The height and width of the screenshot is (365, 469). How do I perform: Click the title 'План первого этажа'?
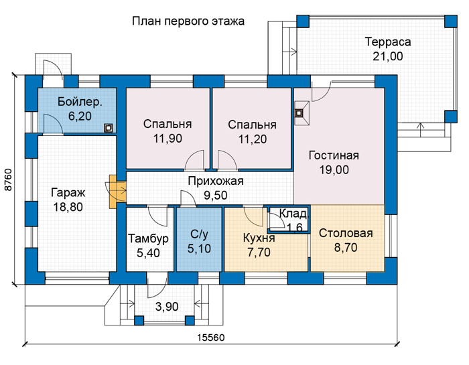tap(188, 21)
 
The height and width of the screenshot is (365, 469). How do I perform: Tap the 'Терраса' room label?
tap(388, 42)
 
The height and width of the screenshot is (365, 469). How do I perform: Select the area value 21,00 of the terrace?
tap(388, 56)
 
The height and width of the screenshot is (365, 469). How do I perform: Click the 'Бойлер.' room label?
tap(80, 102)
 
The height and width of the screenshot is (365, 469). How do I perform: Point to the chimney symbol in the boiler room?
tap(109, 128)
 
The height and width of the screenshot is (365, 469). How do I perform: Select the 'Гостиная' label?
tap(334, 155)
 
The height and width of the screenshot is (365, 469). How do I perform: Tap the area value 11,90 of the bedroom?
tap(167, 139)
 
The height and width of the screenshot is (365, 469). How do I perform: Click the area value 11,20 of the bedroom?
tap(253, 139)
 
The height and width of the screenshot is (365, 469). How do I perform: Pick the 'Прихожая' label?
tap(216, 181)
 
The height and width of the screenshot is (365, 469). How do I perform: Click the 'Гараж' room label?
tap(68, 192)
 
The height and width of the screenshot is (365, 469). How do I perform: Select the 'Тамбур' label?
tap(148, 239)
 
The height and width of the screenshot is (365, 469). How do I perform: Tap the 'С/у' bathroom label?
tap(199, 234)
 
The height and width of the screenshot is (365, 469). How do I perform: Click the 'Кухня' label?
tap(259, 238)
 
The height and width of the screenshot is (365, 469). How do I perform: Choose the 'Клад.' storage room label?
tap(293, 214)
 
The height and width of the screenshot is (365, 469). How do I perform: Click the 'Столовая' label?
tap(346, 233)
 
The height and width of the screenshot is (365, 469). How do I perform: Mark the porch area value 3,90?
tap(167, 307)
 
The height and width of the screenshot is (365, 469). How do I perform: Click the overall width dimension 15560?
tap(211, 338)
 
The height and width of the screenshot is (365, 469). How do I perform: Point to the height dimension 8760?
tap(8, 180)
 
